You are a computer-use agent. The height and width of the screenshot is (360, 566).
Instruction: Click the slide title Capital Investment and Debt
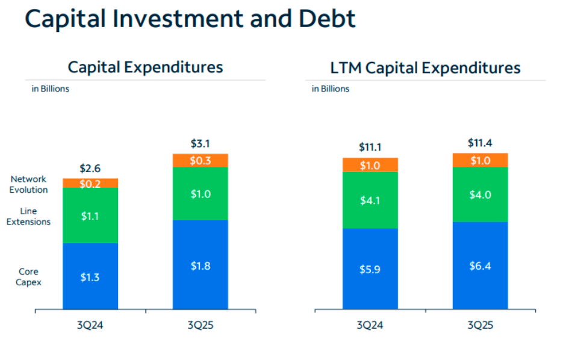pyautogui.click(x=190, y=19)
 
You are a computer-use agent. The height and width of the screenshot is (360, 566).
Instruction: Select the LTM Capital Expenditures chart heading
pyautogui.click(x=425, y=67)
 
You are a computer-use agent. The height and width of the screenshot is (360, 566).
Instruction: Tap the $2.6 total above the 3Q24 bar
pyautogui.click(x=90, y=170)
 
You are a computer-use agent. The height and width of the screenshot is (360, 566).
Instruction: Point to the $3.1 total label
pyautogui.click(x=200, y=144)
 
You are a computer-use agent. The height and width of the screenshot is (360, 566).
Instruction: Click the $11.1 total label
pyautogui.click(x=370, y=147)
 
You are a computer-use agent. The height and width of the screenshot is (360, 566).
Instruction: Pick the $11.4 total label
pyautogui.click(x=480, y=143)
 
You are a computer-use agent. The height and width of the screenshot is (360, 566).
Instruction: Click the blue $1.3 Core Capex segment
pyautogui.click(x=90, y=276)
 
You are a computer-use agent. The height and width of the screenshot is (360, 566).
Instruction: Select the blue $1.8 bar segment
pyautogui.click(x=200, y=265)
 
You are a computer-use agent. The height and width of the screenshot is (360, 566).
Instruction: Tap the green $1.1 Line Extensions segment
pyautogui.click(x=90, y=216)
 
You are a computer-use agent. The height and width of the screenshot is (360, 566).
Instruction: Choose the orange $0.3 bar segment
pyautogui.click(x=200, y=160)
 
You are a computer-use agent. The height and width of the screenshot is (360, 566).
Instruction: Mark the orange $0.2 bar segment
pyautogui.click(x=90, y=184)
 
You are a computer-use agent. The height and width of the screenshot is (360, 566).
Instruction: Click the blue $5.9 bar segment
pyautogui.click(x=370, y=269)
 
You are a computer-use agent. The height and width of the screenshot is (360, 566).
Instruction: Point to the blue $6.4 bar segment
pyautogui.click(x=480, y=265)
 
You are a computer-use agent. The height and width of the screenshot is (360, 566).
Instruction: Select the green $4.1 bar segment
pyautogui.click(x=370, y=200)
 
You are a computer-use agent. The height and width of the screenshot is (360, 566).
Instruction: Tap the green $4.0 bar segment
pyautogui.click(x=480, y=194)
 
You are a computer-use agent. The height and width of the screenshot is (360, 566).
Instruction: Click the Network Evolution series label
pyautogui.click(x=29, y=184)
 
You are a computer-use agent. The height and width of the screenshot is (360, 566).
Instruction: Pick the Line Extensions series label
pyautogui.click(x=29, y=216)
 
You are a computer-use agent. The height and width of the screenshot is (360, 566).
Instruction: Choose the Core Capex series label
pyautogui.click(x=29, y=276)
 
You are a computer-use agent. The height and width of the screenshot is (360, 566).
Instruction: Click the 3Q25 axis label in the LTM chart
pyautogui.click(x=480, y=326)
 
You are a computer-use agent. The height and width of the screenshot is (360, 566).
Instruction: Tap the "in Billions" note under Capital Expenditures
pyautogui.click(x=51, y=88)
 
